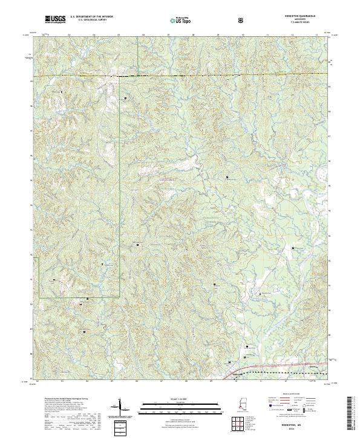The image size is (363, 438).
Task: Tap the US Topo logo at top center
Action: point(180,21)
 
